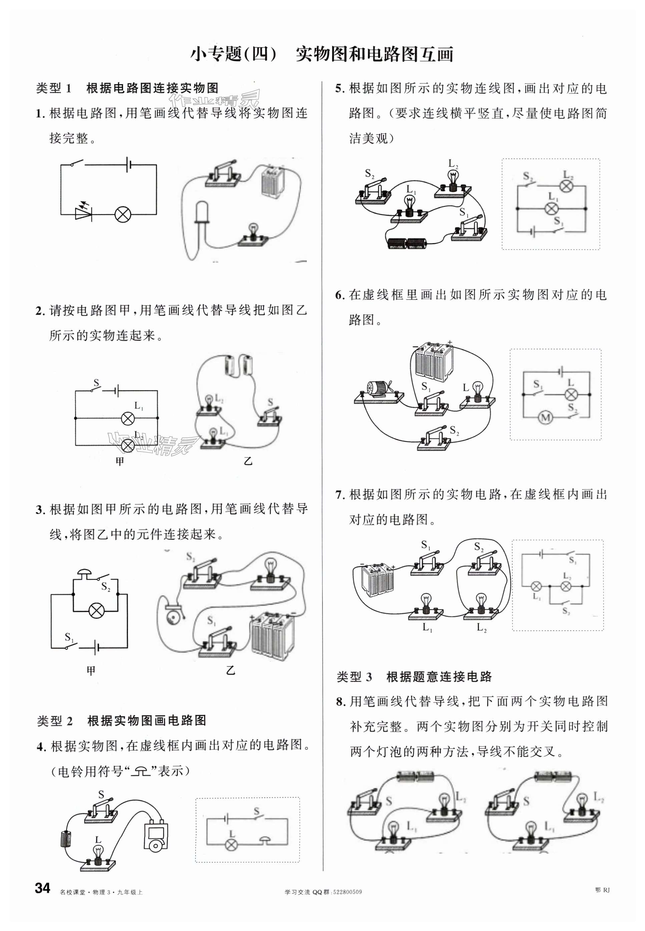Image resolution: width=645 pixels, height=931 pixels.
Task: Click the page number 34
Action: [x=42, y=888]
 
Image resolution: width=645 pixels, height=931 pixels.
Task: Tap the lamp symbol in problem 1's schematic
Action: [x=121, y=214]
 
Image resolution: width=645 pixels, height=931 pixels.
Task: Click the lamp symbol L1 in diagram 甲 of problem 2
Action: [x=128, y=418]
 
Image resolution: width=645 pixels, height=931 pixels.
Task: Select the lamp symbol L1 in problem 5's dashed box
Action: [x=550, y=209]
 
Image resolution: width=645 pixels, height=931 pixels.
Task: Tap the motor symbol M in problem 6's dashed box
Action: [x=546, y=417]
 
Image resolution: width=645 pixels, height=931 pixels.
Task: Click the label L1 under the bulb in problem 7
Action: [x=427, y=627]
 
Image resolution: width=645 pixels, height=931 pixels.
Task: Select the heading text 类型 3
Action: [x=354, y=677]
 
